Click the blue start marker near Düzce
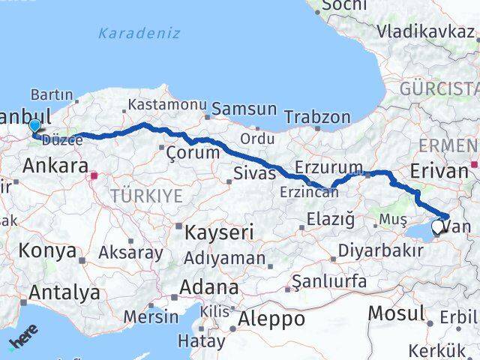point(34,127)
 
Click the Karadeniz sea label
point(139,33)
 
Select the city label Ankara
point(55,166)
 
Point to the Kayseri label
point(217,230)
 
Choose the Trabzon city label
point(318,117)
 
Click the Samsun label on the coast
point(244,109)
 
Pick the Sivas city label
point(255,173)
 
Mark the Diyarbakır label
point(380,250)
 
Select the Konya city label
point(48,250)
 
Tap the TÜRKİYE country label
point(147,196)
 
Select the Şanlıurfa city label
point(329,282)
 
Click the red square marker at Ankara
point(94,177)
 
